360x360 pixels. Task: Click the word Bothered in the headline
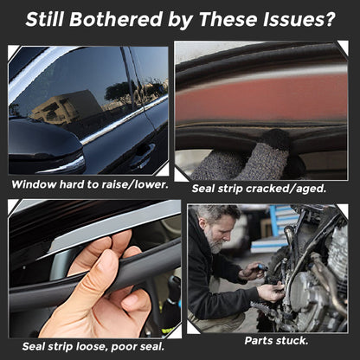point(116,19)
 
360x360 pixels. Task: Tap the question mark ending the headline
point(329,19)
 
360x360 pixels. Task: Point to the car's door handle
point(142,155)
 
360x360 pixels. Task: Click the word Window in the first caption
point(34,184)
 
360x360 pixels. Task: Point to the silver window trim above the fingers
point(115,227)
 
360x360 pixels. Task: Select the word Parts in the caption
point(258,341)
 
